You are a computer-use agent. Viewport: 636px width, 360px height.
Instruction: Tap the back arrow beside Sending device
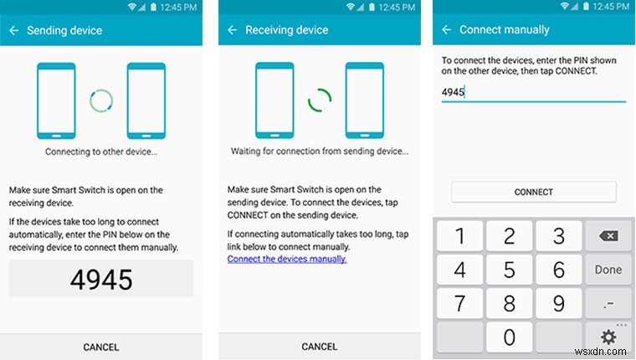13,31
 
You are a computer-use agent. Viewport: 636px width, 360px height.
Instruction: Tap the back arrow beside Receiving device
232,31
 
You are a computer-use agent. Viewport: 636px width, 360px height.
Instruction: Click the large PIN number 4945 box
100,279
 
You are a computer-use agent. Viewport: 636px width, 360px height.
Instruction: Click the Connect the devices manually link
287,259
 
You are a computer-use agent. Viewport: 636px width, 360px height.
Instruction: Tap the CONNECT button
533,192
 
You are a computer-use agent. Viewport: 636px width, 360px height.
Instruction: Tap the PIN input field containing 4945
533,92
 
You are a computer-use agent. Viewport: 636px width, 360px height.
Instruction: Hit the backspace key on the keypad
608,237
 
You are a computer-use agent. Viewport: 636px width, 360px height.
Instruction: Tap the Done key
608,270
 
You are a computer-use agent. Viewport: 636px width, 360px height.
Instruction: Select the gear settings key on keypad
608,337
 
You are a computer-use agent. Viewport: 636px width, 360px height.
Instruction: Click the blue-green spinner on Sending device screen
100,101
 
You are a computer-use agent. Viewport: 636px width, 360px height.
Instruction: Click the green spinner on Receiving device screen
319,101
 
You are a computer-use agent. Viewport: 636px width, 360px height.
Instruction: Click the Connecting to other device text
100,152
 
